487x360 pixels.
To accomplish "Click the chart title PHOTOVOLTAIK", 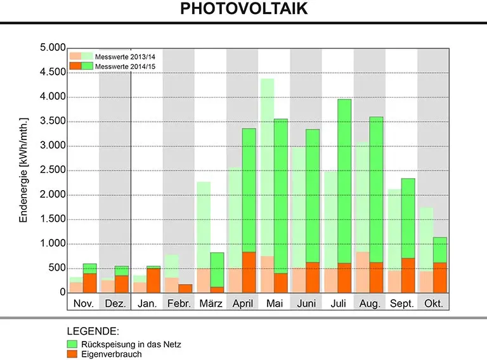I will (x=243, y=9).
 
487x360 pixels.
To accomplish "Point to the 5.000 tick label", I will (x=53, y=48).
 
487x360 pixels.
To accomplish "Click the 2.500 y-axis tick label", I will (x=53, y=170).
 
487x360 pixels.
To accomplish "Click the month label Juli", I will (x=337, y=304).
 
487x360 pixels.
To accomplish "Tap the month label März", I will (x=210, y=304).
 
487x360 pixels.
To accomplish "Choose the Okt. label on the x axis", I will (x=433, y=304).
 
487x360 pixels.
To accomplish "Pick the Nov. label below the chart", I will (x=83, y=304).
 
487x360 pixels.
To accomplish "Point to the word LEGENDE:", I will (x=93, y=331).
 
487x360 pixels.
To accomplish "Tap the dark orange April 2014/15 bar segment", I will (x=249, y=272).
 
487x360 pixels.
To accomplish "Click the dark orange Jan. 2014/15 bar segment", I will (x=153, y=280).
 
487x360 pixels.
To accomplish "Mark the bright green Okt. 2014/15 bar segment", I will (x=440, y=250).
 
